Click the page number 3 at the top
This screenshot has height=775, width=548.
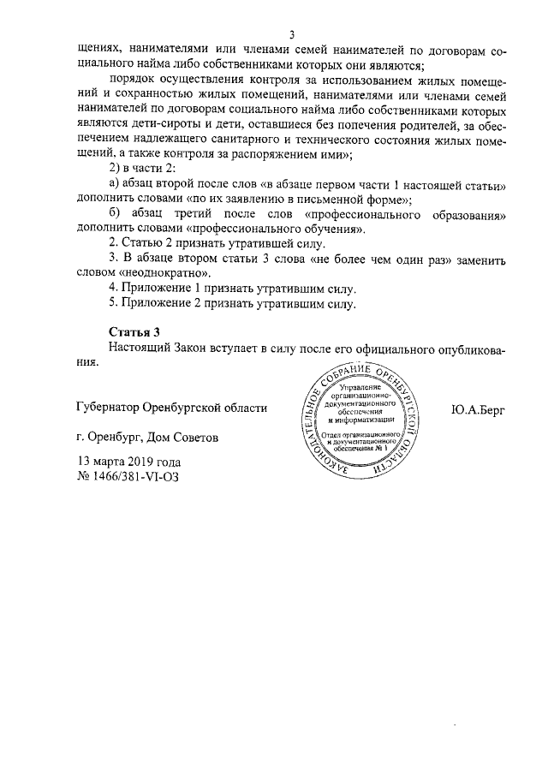(x=291, y=34)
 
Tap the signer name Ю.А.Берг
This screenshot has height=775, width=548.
(x=478, y=408)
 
